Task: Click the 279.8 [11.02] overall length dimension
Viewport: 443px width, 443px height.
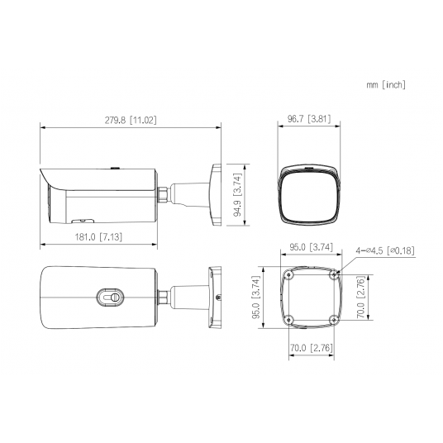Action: pos(131,120)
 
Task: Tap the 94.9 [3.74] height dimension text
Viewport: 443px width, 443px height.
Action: pos(237,194)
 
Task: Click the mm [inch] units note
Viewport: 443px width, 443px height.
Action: pos(386,85)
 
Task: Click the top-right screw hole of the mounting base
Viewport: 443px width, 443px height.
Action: pos(333,276)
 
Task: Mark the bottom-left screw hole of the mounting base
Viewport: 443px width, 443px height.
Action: pos(287,322)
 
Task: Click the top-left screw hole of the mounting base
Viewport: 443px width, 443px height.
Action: pos(287,276)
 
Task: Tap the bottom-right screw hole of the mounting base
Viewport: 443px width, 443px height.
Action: pos(333,322)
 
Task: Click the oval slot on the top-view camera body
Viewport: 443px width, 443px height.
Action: pos(109,295)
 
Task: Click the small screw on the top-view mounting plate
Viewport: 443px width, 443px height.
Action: pos(217,298)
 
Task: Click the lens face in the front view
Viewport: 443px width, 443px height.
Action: pos(309,197)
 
